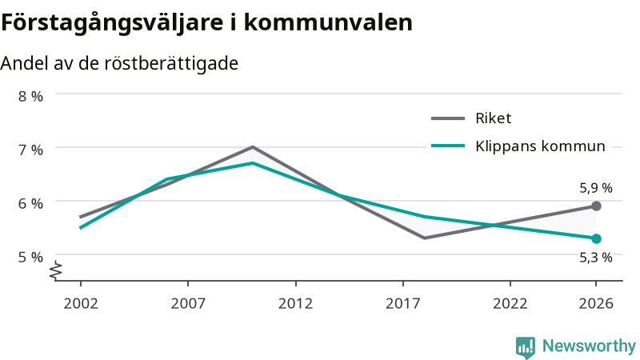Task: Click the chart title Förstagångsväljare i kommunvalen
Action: [x=206, y=23]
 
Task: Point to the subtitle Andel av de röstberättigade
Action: [x=119, y=64]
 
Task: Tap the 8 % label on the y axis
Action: [x=30, y=96]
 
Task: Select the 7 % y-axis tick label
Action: [x=30, y=150]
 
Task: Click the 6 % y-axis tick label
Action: [x=30, y=203]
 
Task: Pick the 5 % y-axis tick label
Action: [x=30, y=257]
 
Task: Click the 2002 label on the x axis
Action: [x=81, y=304]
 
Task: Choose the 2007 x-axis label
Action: [x=188, y=304]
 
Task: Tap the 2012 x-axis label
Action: [x=295, y=304]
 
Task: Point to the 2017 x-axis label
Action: [x=403, y=304]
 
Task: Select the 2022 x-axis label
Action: [x=510, y=304]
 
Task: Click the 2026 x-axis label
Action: [x=596, y=304]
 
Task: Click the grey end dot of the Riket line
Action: [x=596, y=206]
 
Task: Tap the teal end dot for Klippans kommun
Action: [x=596, y=238]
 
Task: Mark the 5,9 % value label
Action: [x=596, y=188]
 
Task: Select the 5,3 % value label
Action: [x=596, y=258]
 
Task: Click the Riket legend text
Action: [x=493, y=118]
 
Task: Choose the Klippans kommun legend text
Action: [x=540, y=146]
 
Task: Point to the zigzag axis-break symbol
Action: [x=56, y=270]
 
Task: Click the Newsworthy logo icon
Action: [x=526, y=347]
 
